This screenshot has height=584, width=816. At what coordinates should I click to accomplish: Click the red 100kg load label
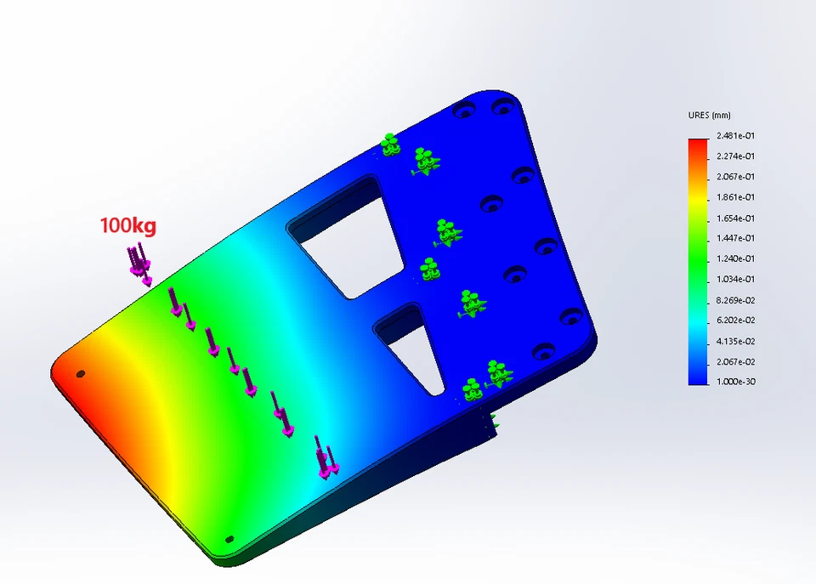point(128,225)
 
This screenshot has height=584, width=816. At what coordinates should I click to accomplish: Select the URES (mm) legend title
point(709,115)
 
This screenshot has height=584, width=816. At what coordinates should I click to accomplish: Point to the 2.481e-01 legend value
point(735,136)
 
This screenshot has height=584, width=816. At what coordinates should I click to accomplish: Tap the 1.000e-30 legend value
point(735,382)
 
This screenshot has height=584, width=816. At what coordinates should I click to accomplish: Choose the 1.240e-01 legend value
point(735,258)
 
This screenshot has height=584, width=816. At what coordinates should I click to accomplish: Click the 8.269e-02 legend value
point(735,300)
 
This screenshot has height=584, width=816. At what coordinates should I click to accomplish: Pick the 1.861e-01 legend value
point(735,197)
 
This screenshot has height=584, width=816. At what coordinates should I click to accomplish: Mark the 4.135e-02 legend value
point(735,342)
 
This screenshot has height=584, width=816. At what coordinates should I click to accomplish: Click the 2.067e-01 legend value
point(735,177)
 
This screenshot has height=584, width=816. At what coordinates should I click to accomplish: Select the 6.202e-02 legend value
point(735,320)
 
